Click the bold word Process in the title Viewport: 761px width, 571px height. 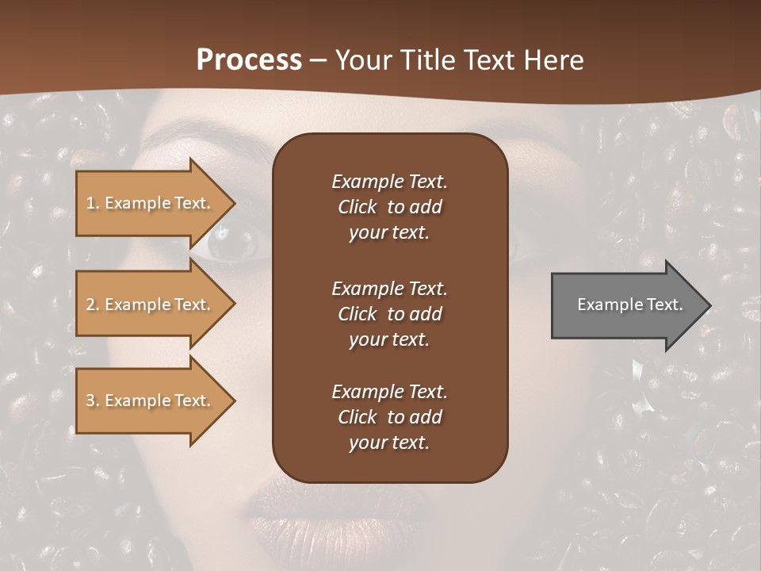249,60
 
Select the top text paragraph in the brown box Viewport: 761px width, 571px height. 389,207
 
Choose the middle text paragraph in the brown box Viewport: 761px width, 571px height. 389,314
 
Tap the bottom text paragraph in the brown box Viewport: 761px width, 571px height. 389,417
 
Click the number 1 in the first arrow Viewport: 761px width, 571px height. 90,203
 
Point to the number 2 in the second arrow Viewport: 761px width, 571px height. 90,305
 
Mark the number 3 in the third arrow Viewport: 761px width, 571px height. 90,400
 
